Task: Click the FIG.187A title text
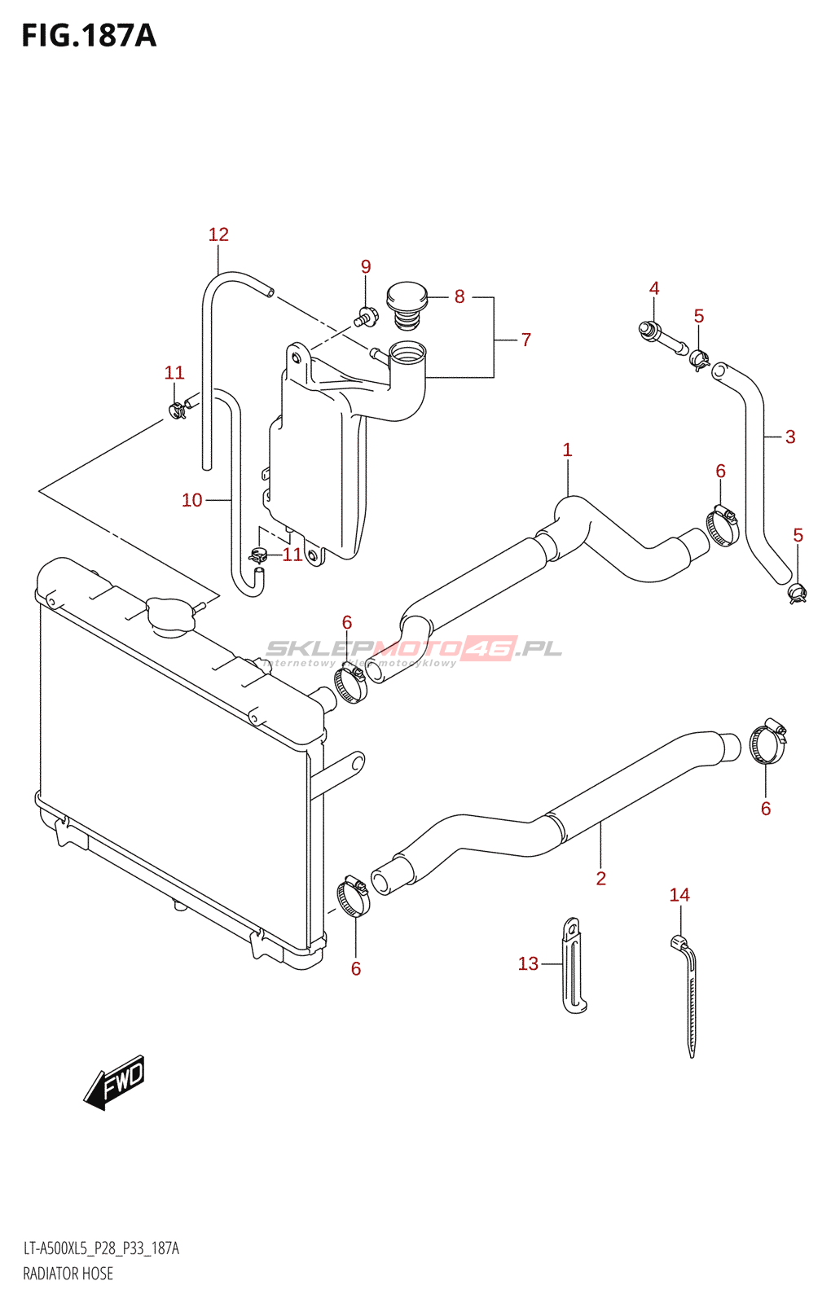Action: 88,36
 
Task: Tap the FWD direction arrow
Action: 115,1082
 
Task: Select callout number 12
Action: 218,235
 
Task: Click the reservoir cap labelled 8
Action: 407,304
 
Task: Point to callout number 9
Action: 366,267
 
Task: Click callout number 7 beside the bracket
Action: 526,340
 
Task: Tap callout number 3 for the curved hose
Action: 790,437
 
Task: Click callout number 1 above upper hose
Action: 567,450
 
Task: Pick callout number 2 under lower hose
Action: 601,878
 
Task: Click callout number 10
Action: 192,500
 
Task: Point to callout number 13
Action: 528,964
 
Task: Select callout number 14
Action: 679,895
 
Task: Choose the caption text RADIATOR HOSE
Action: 68,1274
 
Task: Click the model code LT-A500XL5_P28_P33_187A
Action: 101,1248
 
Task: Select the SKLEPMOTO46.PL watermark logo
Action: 414,650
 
